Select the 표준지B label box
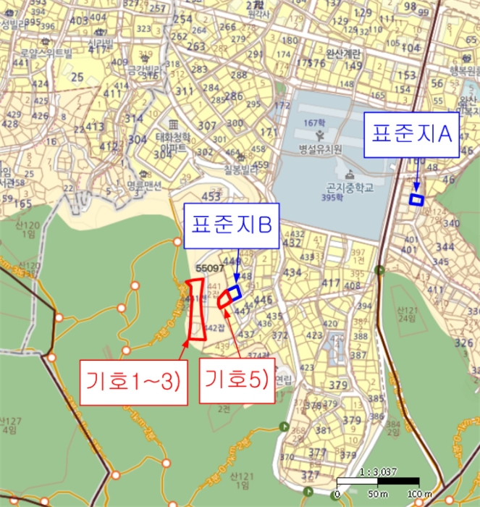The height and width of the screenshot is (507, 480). (232, 225)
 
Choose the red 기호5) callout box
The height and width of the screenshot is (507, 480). (236, 378)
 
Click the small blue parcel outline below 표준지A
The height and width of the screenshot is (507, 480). (416, 200)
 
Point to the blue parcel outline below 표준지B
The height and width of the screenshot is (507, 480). (233, 293)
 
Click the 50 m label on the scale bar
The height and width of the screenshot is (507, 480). (376, 494)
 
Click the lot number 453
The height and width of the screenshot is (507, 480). (212, 197)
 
